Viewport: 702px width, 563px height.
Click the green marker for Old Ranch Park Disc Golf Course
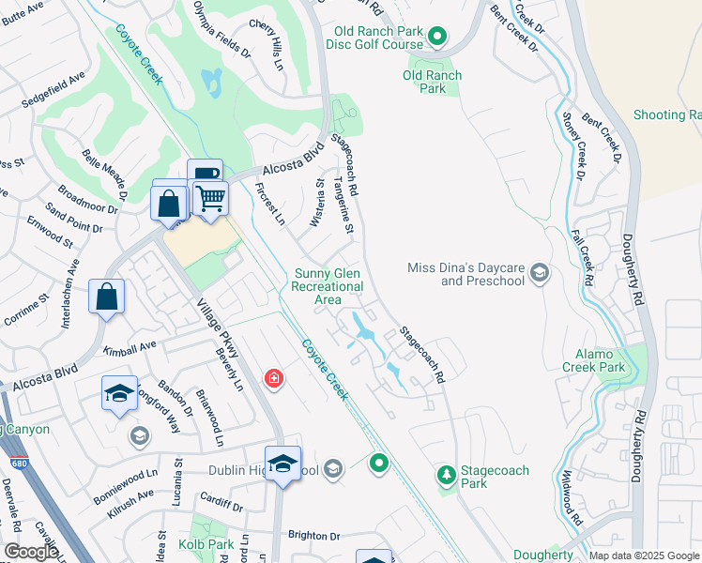click(436, 37)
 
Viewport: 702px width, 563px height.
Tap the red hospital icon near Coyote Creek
click(273, 379)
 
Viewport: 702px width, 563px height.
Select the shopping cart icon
click(210, 198)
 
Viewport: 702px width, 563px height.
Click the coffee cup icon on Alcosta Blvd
click(205, 175)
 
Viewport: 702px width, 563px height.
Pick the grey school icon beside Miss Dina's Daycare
click(540, 273)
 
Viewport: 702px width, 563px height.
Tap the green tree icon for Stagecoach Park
click(447, 476)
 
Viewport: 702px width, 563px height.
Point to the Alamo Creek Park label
click(595, 361)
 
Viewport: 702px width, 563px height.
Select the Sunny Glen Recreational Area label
click(328, 286)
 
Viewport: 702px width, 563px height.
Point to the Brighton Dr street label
click(314, 535)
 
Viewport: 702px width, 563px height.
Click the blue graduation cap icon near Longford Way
click(119, 393)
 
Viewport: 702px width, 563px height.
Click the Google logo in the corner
click(30, 552)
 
